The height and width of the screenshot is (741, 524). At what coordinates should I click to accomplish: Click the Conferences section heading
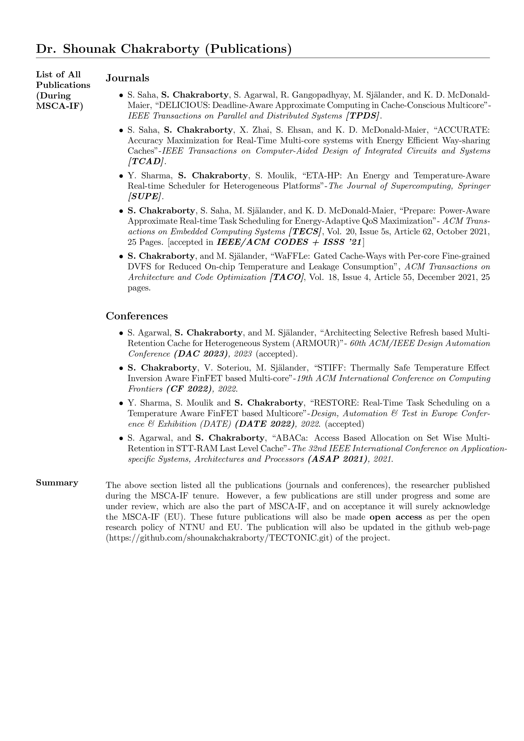click(137, 316)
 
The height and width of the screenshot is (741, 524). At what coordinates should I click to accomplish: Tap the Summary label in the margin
click(57, 483)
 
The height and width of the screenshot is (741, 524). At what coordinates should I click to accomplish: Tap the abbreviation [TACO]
click(287, 277)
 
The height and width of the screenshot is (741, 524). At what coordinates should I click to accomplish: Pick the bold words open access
click(396, 517)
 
